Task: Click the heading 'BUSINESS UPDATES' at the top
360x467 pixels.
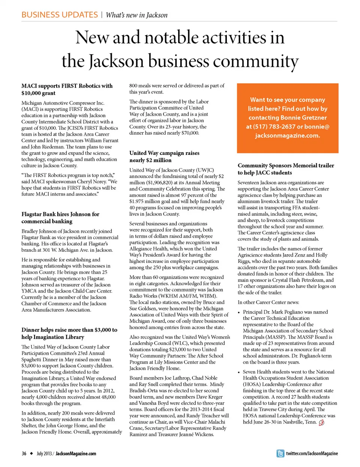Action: pos(59,15)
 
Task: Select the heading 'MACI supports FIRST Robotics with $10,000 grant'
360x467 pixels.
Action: pos(67,89)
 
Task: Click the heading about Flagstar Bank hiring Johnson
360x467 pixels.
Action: pos(60,218)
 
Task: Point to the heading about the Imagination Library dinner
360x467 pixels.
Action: pos(69,333)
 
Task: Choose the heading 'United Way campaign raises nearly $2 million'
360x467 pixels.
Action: pos(164,156)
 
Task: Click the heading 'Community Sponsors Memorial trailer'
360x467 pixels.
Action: pos(285,165)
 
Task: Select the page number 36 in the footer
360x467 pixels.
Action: pos(24,453)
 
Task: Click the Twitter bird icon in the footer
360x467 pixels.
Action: pos(280,453)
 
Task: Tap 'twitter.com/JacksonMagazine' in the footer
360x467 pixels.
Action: pos(312,453)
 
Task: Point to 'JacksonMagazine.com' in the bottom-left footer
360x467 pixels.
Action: pos(76,453)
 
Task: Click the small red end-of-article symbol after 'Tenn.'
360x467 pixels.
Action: pos(321,422)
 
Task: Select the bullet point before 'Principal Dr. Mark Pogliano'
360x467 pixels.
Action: pos(239,312)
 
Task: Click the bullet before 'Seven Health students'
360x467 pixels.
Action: pos(239,372)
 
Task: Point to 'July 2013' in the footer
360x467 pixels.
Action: pos(44,453)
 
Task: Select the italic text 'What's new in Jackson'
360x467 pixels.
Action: pos(136,15)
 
